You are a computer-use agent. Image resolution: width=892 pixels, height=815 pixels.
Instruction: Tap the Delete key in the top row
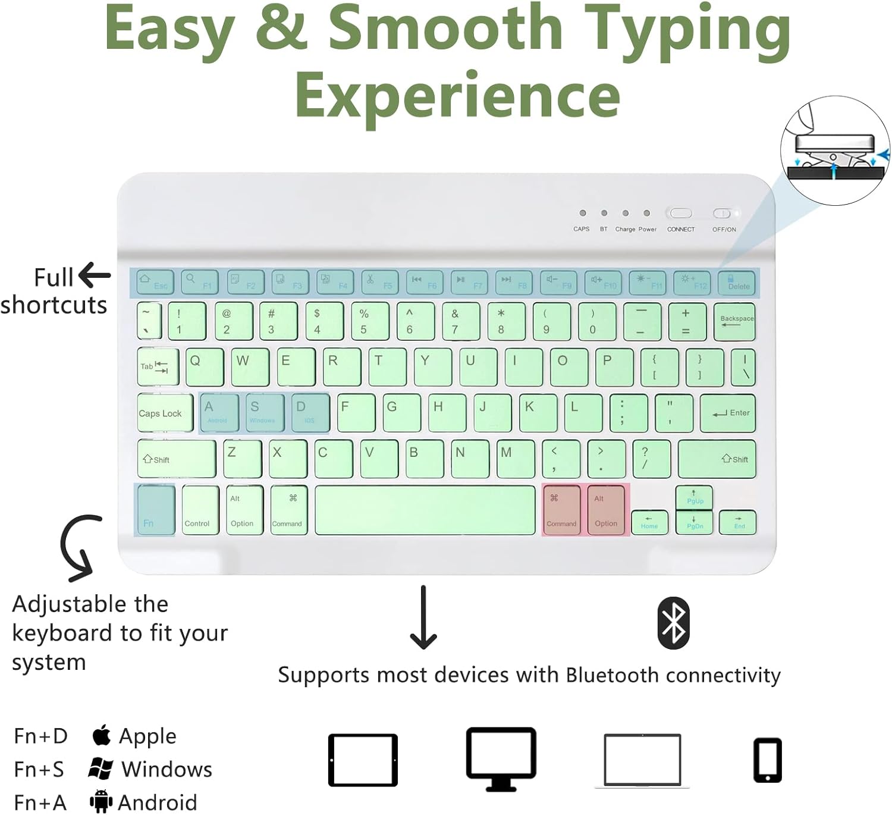[736, 282]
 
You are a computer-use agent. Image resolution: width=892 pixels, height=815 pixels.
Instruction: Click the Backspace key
[734, 322]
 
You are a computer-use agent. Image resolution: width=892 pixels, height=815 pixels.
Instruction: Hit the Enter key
[728, 413]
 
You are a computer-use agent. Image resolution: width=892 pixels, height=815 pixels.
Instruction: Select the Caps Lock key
[165, 413]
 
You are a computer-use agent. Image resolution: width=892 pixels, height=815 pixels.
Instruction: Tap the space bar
[425, 510]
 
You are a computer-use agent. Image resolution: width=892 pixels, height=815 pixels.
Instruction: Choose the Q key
[205, 366]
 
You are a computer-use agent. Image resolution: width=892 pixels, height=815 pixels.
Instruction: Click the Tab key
[158, 366]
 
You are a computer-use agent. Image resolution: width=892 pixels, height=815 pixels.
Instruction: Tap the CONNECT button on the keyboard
[681, 214]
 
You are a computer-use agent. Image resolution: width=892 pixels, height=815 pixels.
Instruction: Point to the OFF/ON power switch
[722, 214]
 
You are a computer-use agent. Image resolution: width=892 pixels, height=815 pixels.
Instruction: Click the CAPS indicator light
[583, 213]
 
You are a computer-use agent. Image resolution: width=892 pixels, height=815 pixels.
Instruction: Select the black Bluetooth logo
[673, 623]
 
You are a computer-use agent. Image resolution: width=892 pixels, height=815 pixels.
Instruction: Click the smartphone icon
[767, 760]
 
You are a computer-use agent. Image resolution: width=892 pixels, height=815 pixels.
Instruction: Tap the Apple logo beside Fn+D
[102, 735]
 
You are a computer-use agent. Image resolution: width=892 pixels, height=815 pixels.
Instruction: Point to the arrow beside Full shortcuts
[94, 275]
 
